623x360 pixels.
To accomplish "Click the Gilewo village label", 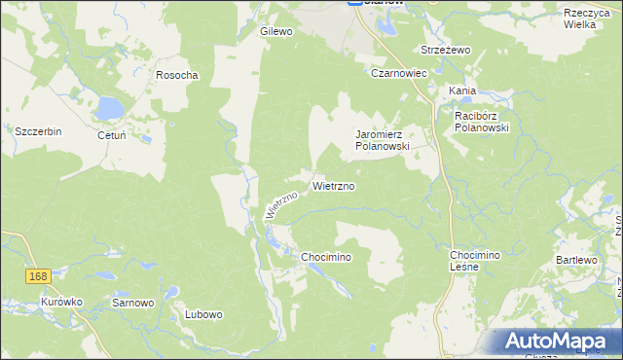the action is coord(276,31).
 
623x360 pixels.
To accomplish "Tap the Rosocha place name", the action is coord(177,75).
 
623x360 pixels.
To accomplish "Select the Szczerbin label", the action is coord(38,131).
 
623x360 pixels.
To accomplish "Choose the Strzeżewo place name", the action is coord(445,50).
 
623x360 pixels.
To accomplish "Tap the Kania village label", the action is coord(462,90).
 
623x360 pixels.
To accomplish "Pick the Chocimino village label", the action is coord(325,256).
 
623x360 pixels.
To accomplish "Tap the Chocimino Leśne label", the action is coord(474,261).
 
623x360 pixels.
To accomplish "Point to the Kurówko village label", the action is coord(61,303).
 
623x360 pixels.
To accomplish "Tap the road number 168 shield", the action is coord(38,277).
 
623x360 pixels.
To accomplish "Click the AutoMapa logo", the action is coord(558,341).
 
